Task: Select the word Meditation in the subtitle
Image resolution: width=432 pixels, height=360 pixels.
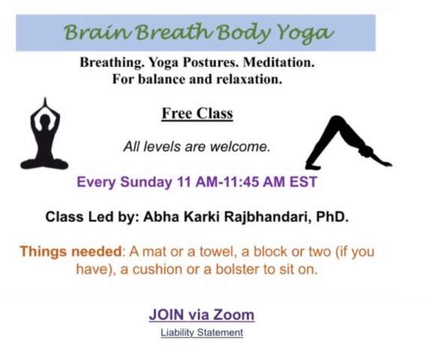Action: coord(278,62)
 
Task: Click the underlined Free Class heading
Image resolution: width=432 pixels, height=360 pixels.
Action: coord(197,113)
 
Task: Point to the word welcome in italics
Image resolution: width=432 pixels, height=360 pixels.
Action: coord(240,146)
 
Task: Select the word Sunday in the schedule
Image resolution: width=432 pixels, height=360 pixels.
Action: coord(146,182)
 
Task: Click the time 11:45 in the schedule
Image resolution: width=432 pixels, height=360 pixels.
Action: coord(241,182)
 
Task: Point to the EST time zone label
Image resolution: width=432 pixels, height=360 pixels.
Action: coord(303,182)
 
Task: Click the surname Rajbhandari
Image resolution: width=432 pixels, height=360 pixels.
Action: coord(268,217)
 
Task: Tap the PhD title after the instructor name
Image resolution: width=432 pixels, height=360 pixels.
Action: coord(332,217)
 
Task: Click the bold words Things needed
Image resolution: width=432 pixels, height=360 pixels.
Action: coord(70,251)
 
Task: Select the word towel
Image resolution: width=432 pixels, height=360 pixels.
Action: coord(216,252)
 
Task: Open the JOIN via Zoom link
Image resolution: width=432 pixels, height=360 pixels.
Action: coord(202,315)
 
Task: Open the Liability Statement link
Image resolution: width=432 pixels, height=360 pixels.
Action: coord(202,333)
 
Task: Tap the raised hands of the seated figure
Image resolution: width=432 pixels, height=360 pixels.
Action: coord(45,104)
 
